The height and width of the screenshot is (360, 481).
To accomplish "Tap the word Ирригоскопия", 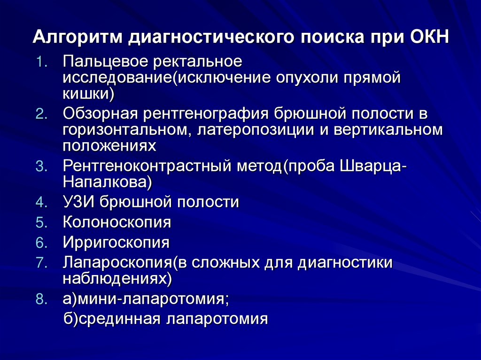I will coord(116,243).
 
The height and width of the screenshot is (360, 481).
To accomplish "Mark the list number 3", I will coord(40,167).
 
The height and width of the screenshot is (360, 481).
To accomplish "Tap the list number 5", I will coord(40,223).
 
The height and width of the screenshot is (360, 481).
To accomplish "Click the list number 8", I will coord(40,299).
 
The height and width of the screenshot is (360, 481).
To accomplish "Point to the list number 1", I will coord(40,62).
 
